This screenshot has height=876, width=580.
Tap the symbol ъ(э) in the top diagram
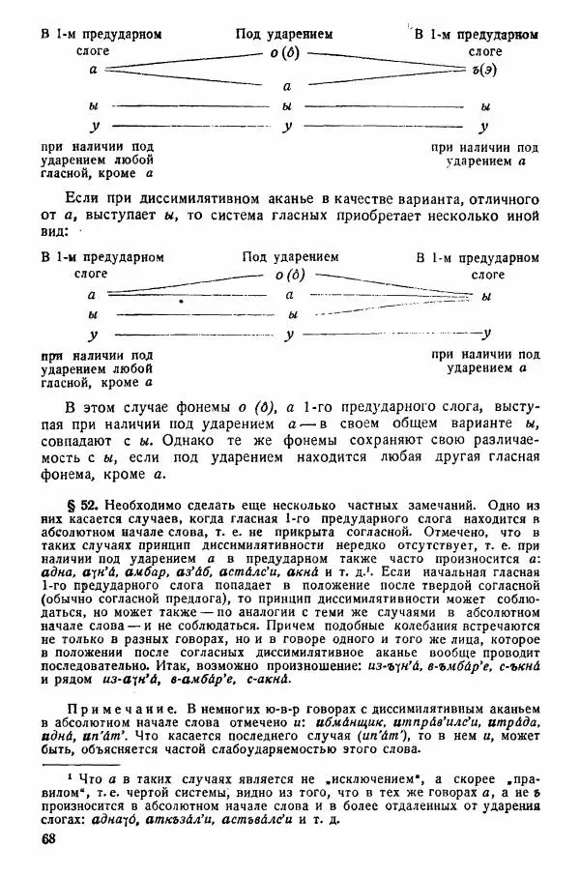tap(478, 70)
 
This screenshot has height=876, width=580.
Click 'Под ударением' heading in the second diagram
tap(291, 257)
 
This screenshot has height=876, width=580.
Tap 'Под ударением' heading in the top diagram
tap(285, 34)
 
